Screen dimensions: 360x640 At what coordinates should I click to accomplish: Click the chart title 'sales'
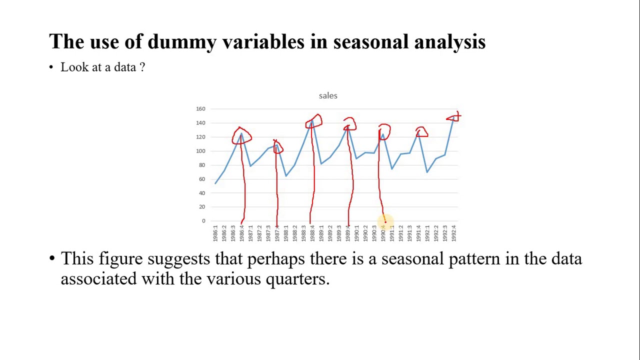click(x=328, y=95)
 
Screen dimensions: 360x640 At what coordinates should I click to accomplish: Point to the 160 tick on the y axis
click(x=200, y=108)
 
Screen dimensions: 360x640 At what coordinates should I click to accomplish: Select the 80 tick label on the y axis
click(x=201, y=165)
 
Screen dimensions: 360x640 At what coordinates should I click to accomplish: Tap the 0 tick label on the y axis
click(x=203, y=221)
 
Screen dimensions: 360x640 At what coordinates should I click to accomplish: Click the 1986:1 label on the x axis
click(x=215, y=233)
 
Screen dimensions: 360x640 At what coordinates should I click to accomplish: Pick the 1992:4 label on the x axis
click(x=453, y=233)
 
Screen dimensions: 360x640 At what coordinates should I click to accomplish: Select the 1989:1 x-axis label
click(x=321, y=233)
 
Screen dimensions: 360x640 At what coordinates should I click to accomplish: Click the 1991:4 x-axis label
click(x=418, y=233)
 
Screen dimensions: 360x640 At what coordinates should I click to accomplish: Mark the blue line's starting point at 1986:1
click(x=215, y=183)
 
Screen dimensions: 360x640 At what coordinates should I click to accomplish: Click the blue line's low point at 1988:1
click(x=286, y=175)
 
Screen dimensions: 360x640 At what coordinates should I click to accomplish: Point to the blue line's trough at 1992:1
click(x=427, y=172)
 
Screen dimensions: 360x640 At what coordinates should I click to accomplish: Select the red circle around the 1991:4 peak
click(x=421, y=132)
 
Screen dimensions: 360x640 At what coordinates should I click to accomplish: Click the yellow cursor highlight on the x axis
click(x=385, y=221)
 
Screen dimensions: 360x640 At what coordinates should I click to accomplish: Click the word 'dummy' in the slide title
click(x=181, y=41)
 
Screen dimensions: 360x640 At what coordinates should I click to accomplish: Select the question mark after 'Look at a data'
click(x=142, y=67)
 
